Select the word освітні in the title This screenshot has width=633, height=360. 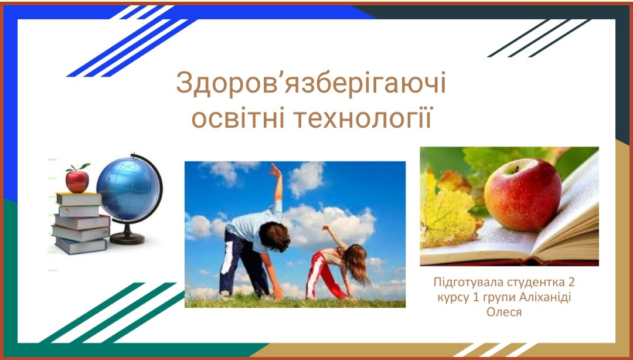point(238,118)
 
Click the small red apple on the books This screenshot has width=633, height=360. point(77,181)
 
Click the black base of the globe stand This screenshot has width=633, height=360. point(127,239)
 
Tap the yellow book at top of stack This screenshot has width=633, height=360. point(79,199)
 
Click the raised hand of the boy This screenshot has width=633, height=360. point(275,171)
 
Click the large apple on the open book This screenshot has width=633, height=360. point(522,194)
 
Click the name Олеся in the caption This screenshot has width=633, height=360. point(504,313)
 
